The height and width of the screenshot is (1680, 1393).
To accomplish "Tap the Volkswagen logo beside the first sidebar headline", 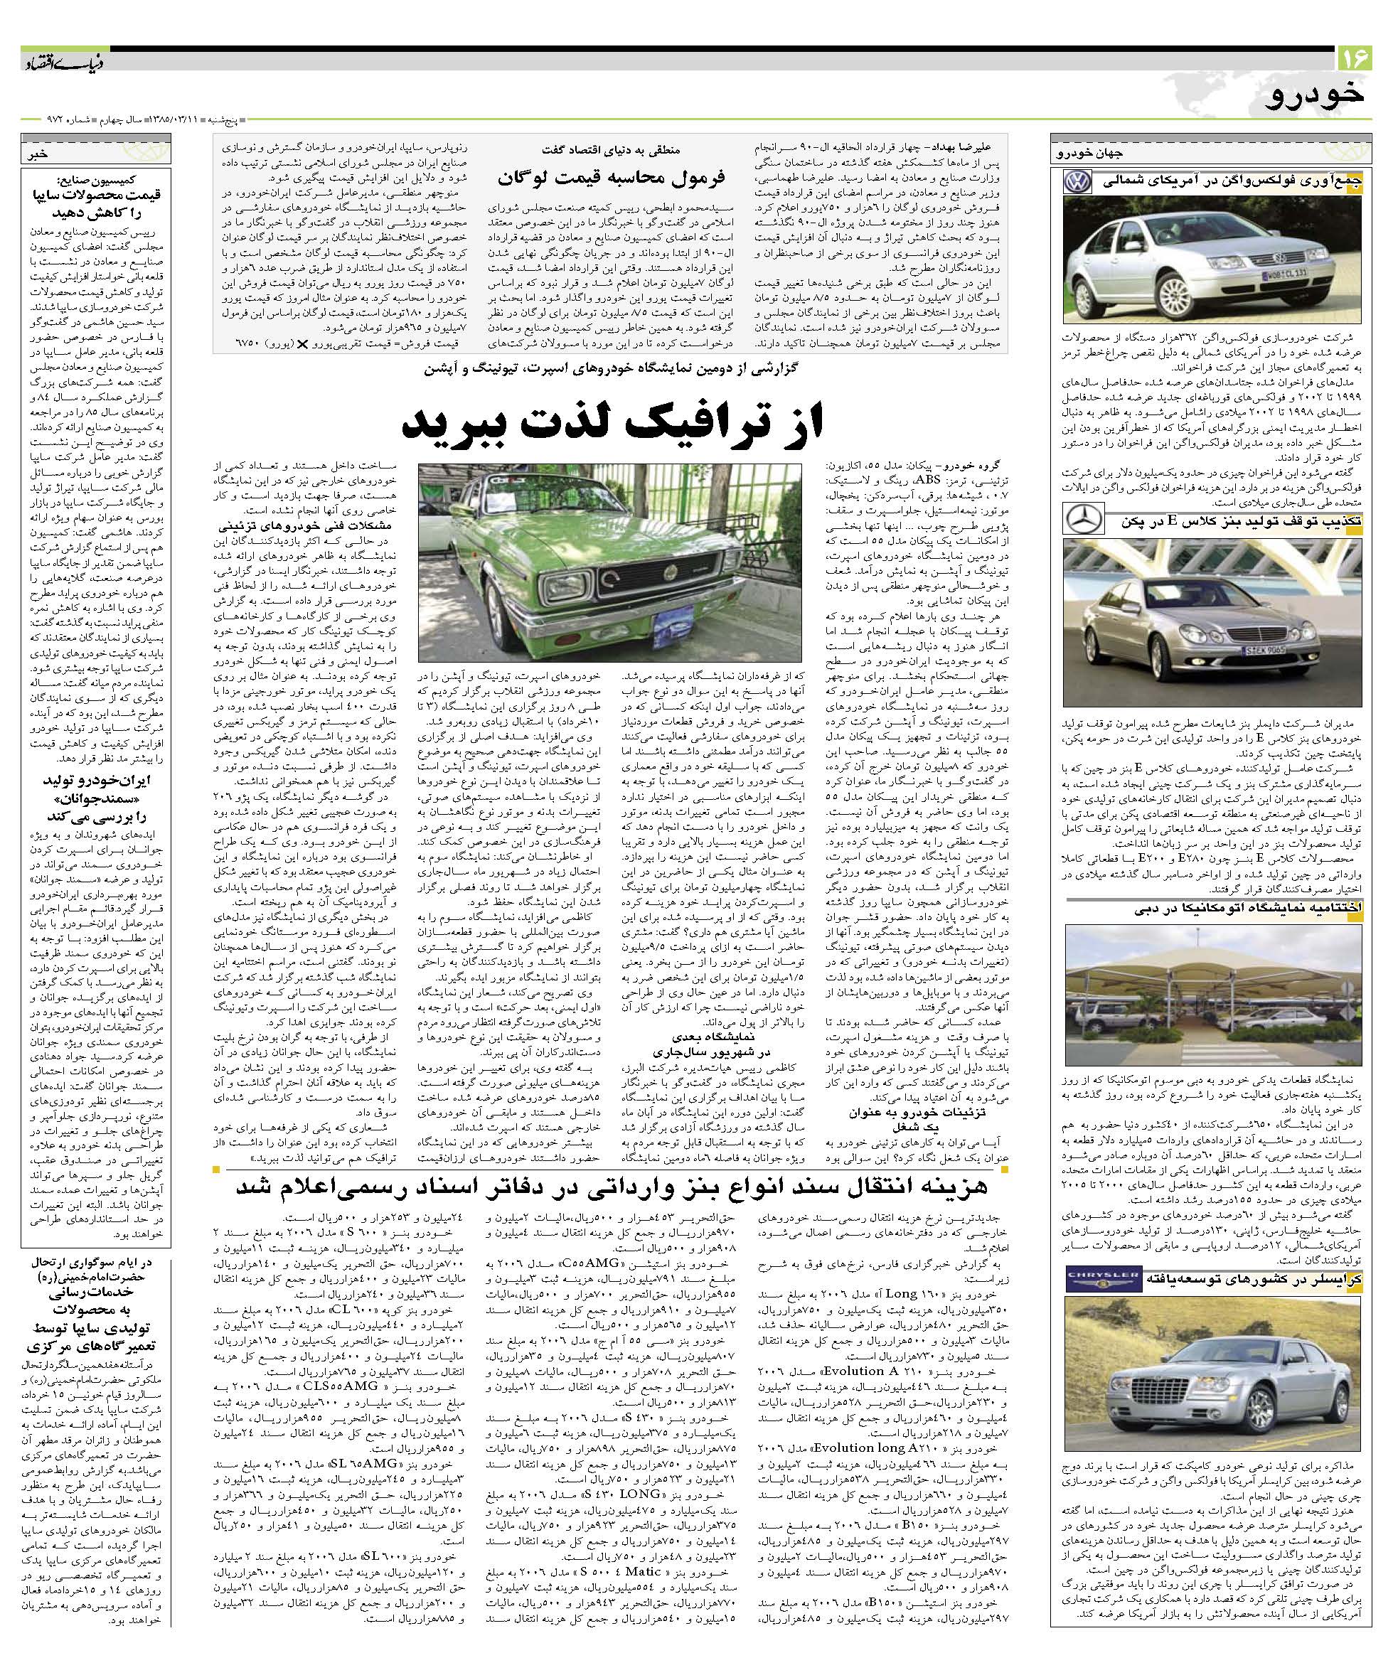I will (1076, 183).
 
